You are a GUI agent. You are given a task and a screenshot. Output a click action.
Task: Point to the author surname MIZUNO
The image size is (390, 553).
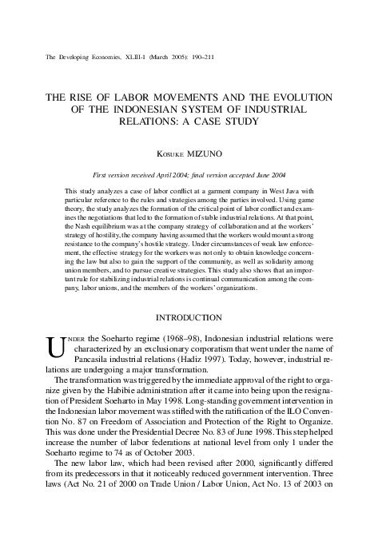coord(212,151)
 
